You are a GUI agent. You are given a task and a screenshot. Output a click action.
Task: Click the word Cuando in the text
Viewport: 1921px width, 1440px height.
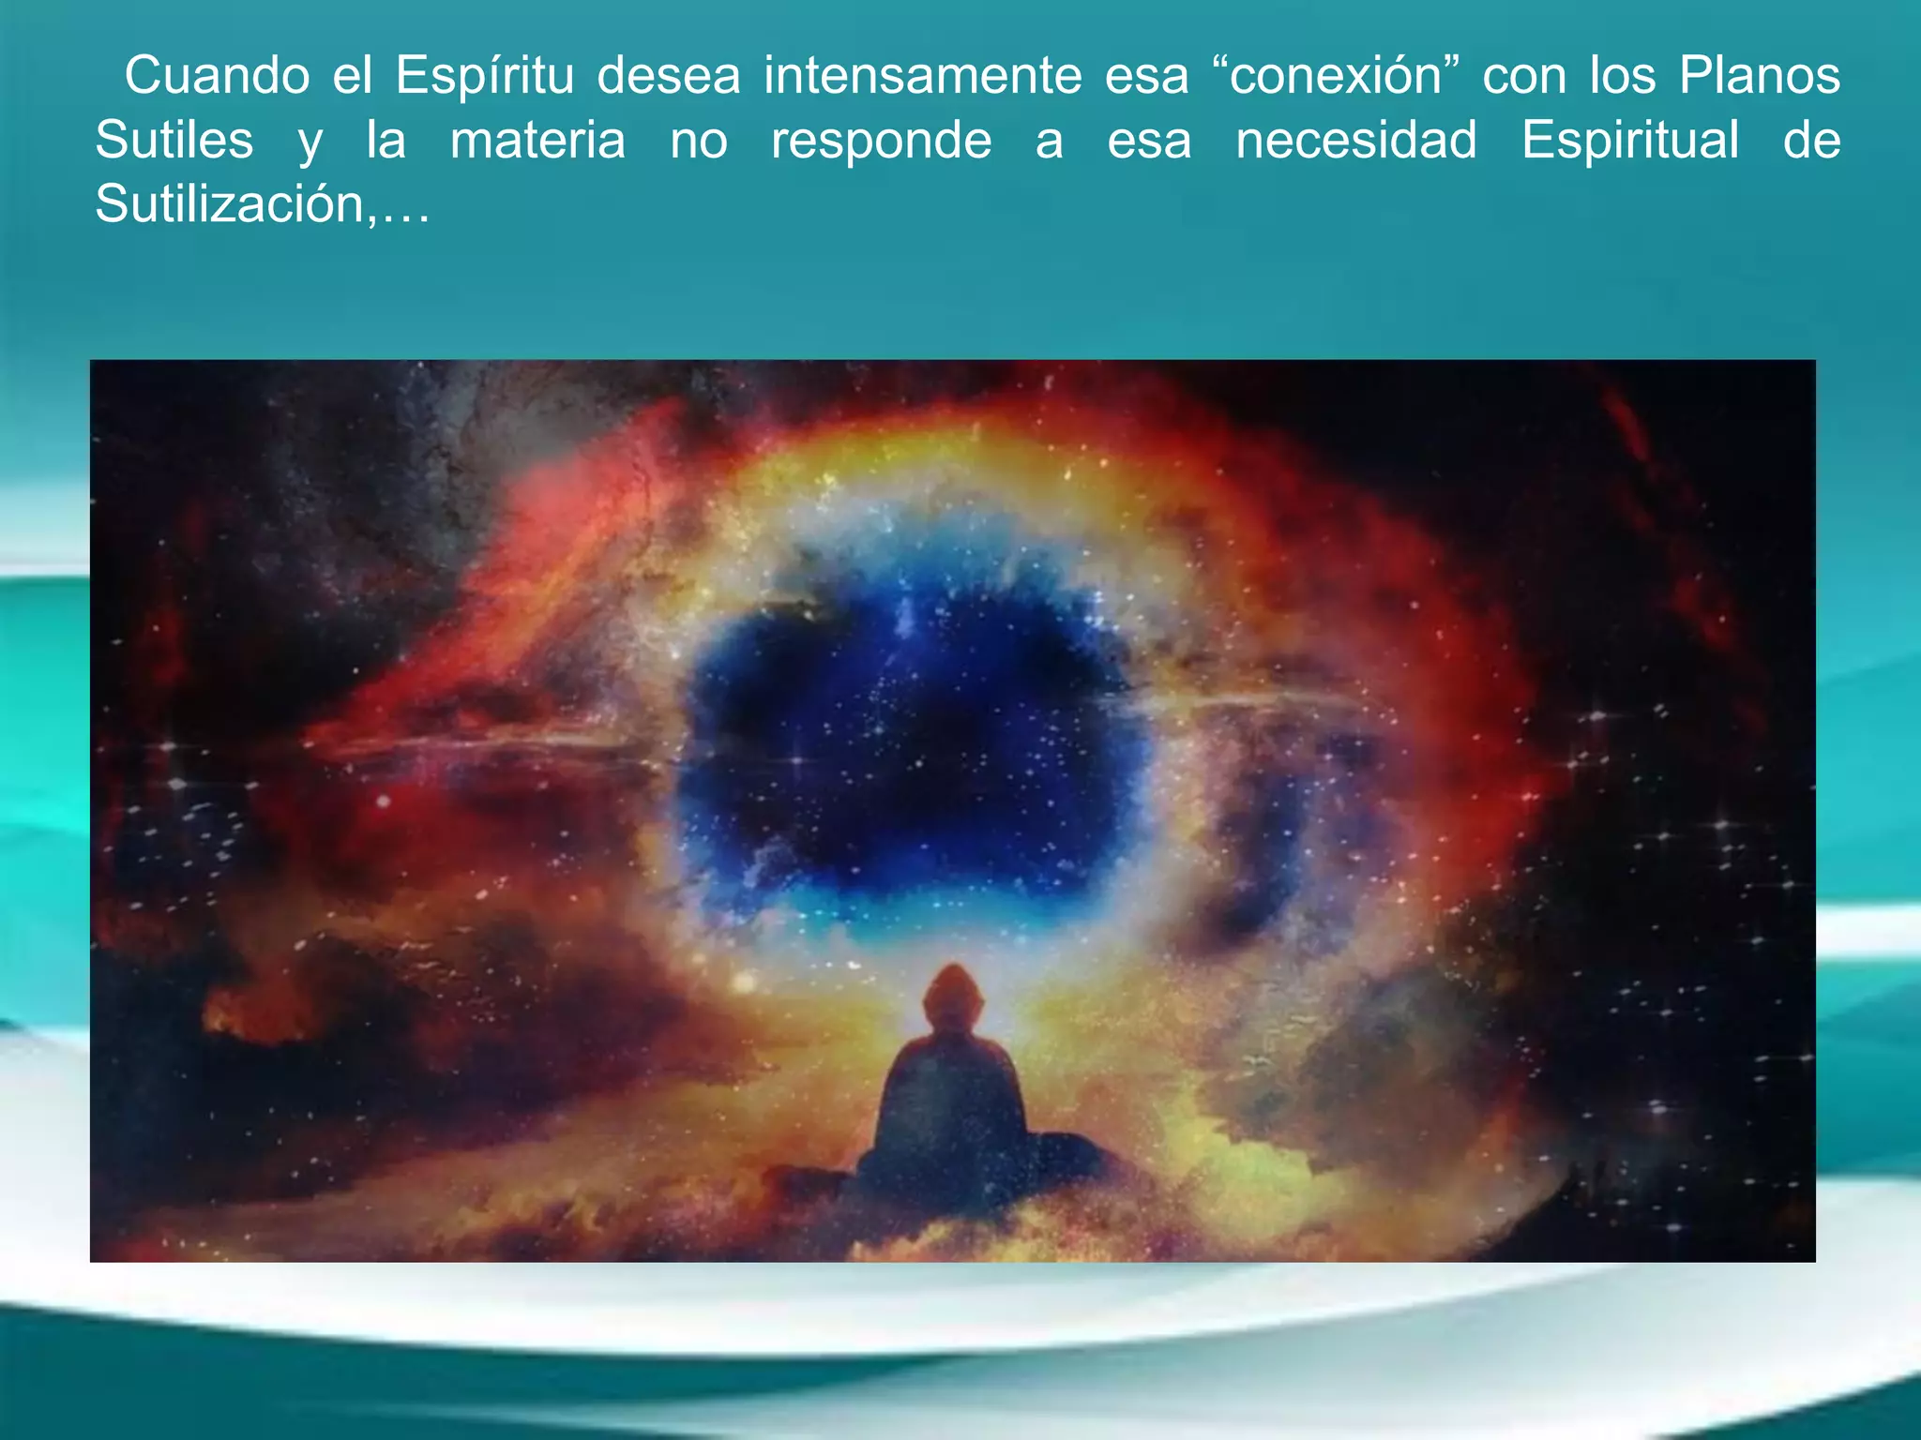(217, 75)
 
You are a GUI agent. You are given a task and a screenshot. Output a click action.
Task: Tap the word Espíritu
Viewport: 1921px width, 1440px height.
(484, 75)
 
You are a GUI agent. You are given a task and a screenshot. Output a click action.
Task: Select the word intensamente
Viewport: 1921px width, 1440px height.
(922, 75)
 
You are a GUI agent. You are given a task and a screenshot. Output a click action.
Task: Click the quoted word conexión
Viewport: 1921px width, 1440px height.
(1336, 75)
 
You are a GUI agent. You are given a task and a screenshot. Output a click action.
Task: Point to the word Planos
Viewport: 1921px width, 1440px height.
(1760, 75)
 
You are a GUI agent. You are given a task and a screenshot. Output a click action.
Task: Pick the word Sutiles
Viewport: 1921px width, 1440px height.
(174, 141)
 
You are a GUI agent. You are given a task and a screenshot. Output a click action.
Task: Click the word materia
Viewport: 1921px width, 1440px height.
(537, 141)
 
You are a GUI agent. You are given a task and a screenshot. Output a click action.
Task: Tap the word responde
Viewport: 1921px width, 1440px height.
(881, 141)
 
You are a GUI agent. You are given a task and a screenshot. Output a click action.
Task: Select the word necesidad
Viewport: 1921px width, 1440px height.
(1355, 141)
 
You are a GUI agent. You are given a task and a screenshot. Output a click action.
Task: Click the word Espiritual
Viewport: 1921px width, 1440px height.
(1630, 141)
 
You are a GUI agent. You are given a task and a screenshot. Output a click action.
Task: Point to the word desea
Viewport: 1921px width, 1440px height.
(669, 75)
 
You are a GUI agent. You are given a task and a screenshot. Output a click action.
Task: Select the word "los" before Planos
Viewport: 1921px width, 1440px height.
(1622, 75)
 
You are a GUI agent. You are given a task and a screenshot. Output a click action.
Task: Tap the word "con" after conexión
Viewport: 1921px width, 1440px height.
(1524, 75)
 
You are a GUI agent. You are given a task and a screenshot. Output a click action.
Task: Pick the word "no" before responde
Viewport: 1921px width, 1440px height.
(699, 141)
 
